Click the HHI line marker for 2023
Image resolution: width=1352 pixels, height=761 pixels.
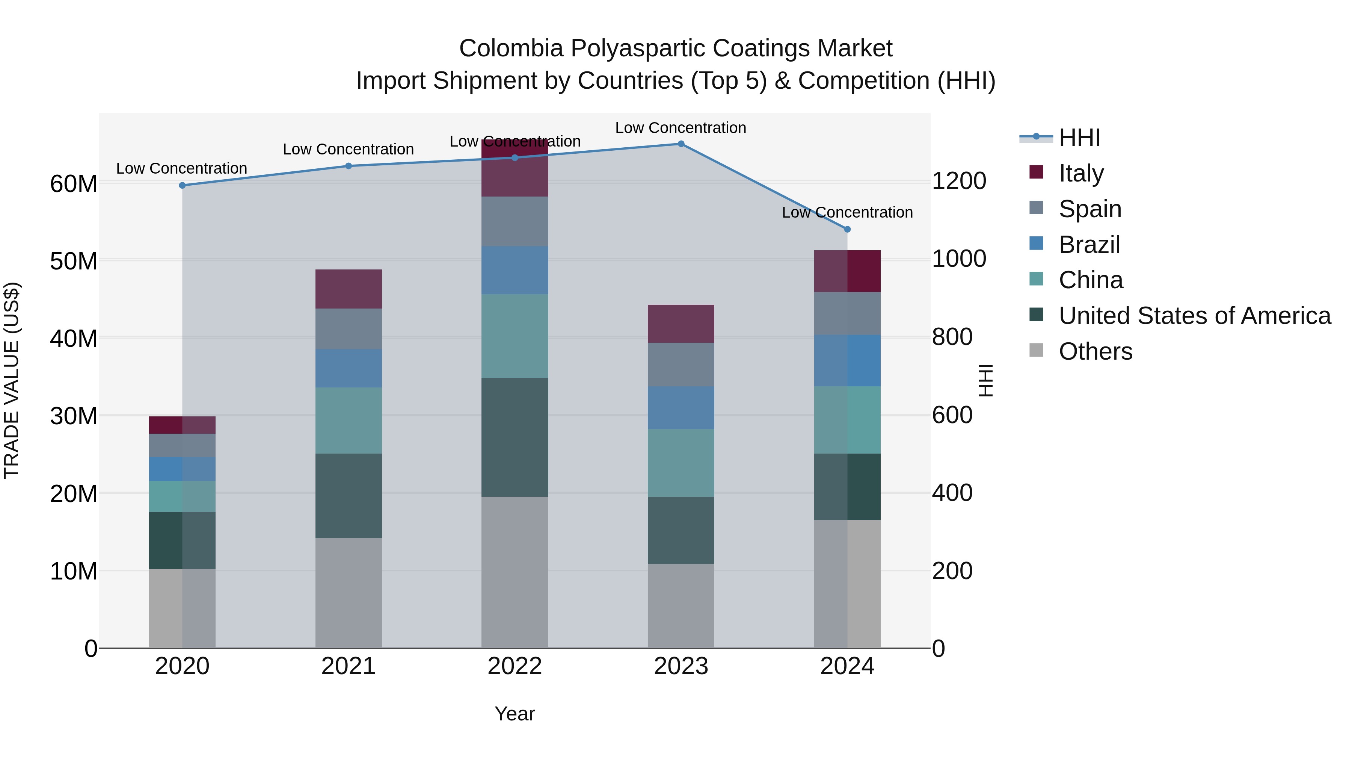681,144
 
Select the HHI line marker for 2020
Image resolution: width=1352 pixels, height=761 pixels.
182,185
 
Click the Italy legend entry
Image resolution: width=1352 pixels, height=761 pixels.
1081,173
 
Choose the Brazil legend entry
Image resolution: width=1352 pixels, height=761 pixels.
1089,244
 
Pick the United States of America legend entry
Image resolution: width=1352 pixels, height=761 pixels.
1194,316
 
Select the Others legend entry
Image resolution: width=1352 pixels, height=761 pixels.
1095,351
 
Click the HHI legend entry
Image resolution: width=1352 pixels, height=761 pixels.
1079,138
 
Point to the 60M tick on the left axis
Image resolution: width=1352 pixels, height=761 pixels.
74,184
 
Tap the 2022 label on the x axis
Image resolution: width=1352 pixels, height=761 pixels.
515,666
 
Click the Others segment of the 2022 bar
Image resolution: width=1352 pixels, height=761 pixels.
515,572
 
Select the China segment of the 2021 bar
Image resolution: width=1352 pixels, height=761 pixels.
349,421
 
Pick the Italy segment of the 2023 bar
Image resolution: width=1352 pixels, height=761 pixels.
681,324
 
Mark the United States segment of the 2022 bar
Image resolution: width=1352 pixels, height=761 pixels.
515,437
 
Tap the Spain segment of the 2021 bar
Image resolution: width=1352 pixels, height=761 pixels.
349,329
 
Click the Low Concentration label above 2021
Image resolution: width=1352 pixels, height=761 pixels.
349,150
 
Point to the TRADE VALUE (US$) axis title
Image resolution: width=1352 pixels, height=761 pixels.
12,380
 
